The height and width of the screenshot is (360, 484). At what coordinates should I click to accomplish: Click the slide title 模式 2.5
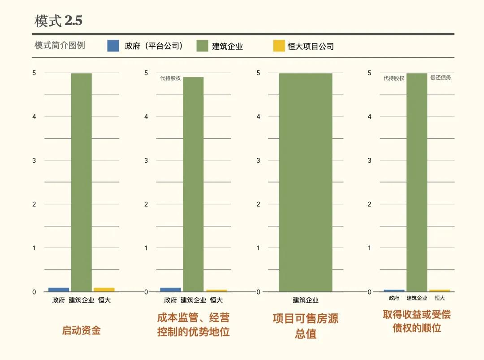click(59, 21)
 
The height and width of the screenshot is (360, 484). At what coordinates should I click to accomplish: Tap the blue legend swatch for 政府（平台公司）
click(113, 46)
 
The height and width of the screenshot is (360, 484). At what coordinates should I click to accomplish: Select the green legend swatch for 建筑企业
click(203, 46)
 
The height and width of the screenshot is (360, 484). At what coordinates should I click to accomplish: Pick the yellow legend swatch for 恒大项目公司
click(279, 46)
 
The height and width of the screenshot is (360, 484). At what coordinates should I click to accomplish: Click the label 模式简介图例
click(60, 45)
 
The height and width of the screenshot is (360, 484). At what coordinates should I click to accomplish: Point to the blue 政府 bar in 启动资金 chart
click(59, 290)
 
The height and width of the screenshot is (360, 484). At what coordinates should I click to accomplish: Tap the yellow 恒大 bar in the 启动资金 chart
click(104, 290)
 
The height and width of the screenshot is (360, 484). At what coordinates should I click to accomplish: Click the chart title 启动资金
click(81, 331)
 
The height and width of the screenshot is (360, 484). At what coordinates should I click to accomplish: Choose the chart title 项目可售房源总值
click(306, 326)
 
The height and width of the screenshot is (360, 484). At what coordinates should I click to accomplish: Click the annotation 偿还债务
click(441, 78)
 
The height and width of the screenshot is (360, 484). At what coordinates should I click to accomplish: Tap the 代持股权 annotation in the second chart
click(170, 78)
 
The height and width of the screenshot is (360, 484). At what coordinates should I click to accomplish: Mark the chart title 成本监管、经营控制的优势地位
click(193, 325)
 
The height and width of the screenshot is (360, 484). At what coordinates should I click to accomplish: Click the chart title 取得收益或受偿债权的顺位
click(417, 321)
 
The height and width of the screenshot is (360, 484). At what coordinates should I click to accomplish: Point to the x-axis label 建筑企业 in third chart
click(306, 300)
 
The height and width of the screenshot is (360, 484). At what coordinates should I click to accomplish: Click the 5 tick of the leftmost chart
click(34, 73)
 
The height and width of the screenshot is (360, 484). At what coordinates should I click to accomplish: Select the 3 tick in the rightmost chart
click(370, 160)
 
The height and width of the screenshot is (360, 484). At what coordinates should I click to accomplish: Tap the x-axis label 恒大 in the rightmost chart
click(440, 298)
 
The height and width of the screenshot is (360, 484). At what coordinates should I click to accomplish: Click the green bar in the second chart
click(193, 184)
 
